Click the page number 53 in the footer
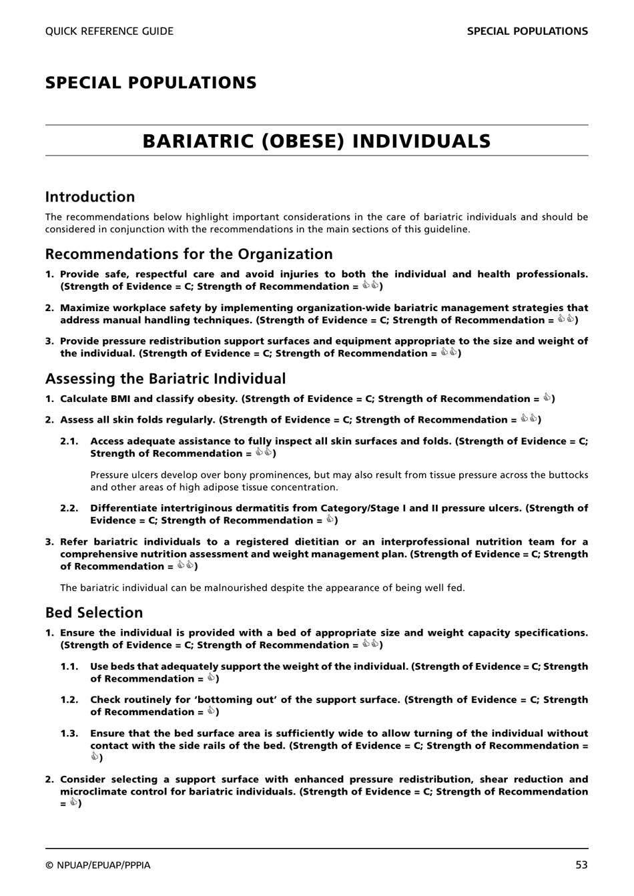pyautogui.click(x=581, y=865)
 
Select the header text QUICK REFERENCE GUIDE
pyautogui.click(x=109, y=31)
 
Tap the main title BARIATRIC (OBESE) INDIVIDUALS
pyautogui.click(x=316, y=141)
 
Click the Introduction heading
pyautogui.click(x=90, y=197)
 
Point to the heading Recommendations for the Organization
pyautogui.click(x=189, y=254)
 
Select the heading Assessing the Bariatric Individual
pyautogui.click(x=165, y=379)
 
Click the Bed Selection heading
pyautogui.click(x=94, y=613)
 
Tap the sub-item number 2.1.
pyautogui.click(x=69, y=441)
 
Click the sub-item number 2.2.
pyautogui.click(x=69, y=508)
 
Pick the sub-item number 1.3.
pyautogui.click(x=69, y=733)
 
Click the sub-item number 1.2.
pyautogui.click(x=69, y=700)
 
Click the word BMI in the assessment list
pyautogui.click(x=119, y=399)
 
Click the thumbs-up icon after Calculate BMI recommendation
pyautogui.click(x=547, y=399)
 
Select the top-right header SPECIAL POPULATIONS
pyautogui.click(x=527, y=31)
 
